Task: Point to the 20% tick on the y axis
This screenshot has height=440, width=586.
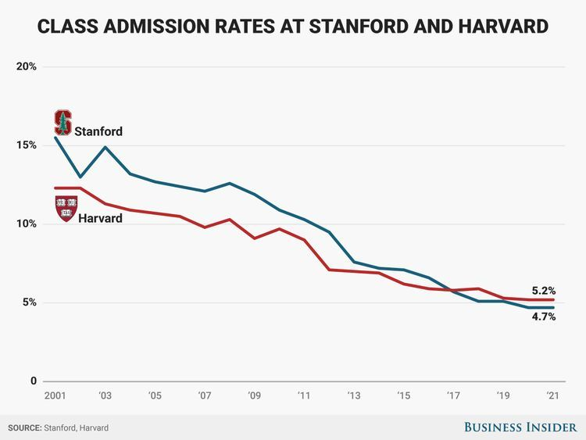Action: (x=27, y=66)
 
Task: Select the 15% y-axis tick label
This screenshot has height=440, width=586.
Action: (x=27, y=145)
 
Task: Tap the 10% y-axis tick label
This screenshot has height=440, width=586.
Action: (x=27, y=224)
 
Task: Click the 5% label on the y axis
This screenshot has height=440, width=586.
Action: (x=29, y=302)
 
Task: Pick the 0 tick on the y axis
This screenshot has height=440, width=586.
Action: (x=34, y=381)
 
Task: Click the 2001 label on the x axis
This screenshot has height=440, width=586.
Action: (x=55, y=396)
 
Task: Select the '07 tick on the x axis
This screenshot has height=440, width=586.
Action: (x=204, y=396)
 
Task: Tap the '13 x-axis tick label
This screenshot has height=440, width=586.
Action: (x=354, y=396)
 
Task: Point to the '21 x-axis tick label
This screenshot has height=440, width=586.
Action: (x=553, y=396)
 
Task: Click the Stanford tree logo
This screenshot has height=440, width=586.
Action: (x=63, y=123)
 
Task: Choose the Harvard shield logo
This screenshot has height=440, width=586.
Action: (x=66, y=208)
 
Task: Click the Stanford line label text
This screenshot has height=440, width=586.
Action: (x=98, y=131)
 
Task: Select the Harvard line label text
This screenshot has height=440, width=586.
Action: (x=100, y=218)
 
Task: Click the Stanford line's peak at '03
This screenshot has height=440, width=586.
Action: (x=105, y=147)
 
